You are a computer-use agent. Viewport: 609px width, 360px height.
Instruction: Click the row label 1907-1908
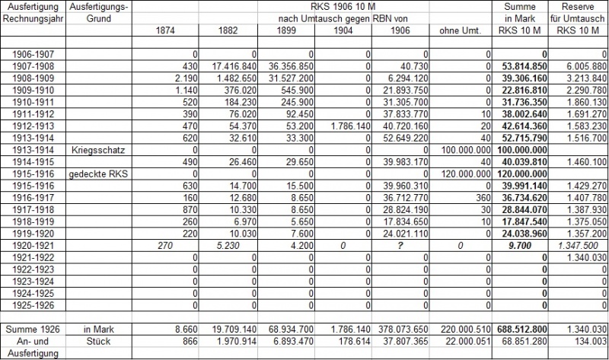(x=33, y=65)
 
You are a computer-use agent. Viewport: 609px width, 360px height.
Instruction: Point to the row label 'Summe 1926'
(x=33, y=327)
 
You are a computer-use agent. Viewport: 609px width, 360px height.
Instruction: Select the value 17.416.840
(x=226, y=65)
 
